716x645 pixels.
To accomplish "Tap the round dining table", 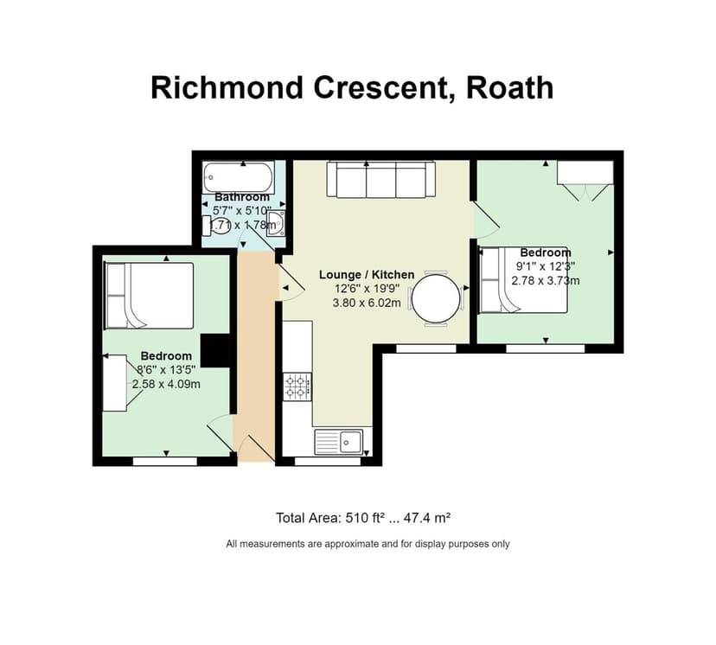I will pyautogui.click(x=436, y=298).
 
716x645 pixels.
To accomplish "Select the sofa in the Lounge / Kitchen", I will pyautogui.click(x=380, y=179).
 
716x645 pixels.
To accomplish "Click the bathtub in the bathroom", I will pyautogui.click(x=240, y=176).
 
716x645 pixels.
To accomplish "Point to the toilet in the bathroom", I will pyautogui.click(x=217, y=227).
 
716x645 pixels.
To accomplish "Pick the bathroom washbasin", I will pyautogui.click(x=276, y=224).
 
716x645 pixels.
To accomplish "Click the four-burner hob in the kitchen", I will pyautogui.click(x=297, y=386).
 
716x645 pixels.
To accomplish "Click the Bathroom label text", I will pyautogui.click(x=242, y=197).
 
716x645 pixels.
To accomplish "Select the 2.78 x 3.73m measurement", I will pyautogui.click(x=545, y=280).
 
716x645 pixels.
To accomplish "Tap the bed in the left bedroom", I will pyautogui.click(x=149, y=296).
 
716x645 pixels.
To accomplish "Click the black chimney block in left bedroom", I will pyautogui.click(x=214, y=350).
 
